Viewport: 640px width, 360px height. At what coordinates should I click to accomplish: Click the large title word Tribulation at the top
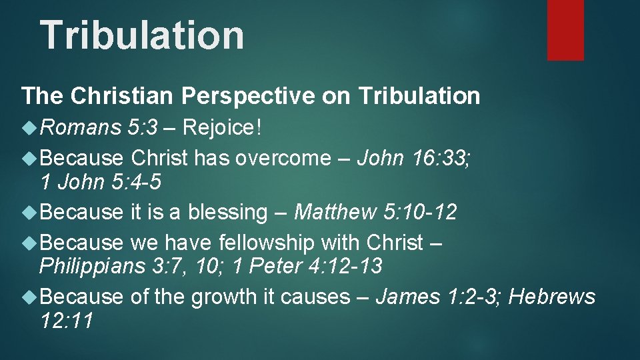[x=142, y=35]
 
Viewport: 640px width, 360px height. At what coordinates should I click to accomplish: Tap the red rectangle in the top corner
[x=565, y=29]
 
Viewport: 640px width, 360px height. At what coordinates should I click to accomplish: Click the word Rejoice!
[x=222, y=127]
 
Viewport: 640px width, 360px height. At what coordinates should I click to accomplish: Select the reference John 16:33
[x=415, y=159]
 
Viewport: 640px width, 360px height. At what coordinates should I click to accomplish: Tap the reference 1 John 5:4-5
[x=100, y=181]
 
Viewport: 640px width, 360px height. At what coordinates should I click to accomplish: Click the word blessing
[x=227, y=213]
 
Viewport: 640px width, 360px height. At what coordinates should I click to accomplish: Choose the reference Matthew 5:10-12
[x=375, y=213]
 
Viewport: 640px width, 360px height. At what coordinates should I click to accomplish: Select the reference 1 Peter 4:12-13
[x=308, y=266]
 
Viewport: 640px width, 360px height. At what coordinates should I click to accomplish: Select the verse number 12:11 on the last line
[x=66, y=320]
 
